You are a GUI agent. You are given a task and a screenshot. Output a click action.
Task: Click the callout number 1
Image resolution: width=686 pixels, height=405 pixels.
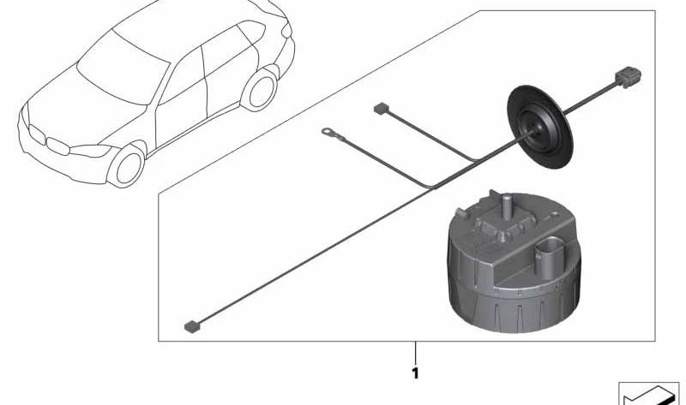415,373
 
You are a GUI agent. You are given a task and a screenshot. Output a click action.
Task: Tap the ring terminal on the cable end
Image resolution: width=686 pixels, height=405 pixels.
328,131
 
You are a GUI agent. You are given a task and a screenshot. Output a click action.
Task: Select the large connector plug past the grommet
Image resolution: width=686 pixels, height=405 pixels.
629,77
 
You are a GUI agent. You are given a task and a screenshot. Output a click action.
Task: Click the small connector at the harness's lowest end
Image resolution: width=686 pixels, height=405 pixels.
191,326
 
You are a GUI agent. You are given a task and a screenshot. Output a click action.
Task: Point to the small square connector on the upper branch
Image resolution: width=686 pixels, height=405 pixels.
381,109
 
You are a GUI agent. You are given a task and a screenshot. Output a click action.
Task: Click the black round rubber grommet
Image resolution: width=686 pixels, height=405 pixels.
540,127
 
